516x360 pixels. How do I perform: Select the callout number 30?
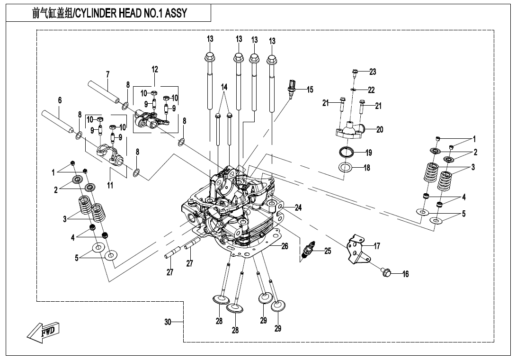click(x=168, y=322)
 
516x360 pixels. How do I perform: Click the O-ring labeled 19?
click(x=347, y=153)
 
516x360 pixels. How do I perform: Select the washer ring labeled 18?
click(x=345, y=167)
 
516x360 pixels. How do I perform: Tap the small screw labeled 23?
click(x=356, y=72)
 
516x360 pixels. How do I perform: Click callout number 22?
click(x=371, y=90)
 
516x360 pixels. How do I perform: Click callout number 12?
click(x=155, y=69)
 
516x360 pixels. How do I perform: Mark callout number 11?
click(x=110, y=186)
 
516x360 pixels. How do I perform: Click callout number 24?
click(x=298, y=207)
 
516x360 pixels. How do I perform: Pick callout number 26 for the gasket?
click(x=285, y=246)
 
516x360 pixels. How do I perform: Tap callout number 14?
click(x=224, y=87)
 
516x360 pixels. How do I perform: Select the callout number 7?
click(x=107, y=74)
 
